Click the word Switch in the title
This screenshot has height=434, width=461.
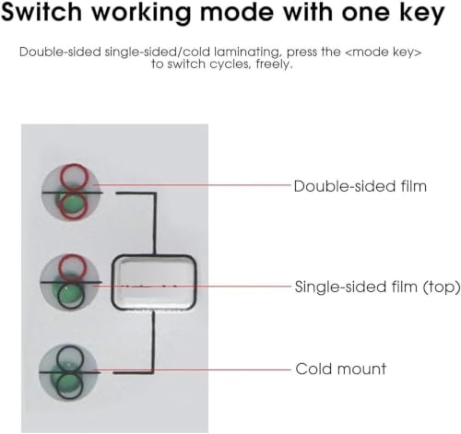(x=41, y=12)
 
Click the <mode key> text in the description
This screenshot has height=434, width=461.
(x=383, y=52)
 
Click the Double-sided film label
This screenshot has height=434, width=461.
(x=361, y=186)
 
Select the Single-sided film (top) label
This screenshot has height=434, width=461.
(x=377, y=287)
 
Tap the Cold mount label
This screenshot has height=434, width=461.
(x=340, y=369)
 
